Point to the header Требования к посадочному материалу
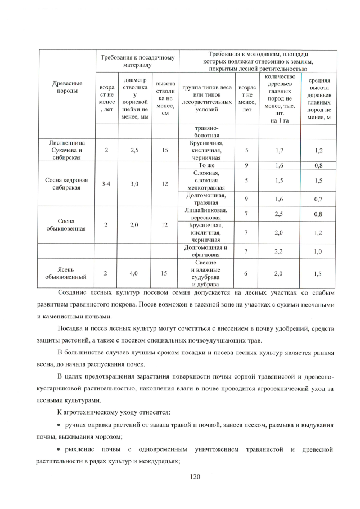tap(137, 61)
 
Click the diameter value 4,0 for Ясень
tap(134, 273)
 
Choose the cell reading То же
tap(206, 165)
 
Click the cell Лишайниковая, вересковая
tap(206, 214)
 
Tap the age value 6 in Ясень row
tap(246, 273)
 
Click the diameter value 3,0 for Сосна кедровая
tap(134, 183)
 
